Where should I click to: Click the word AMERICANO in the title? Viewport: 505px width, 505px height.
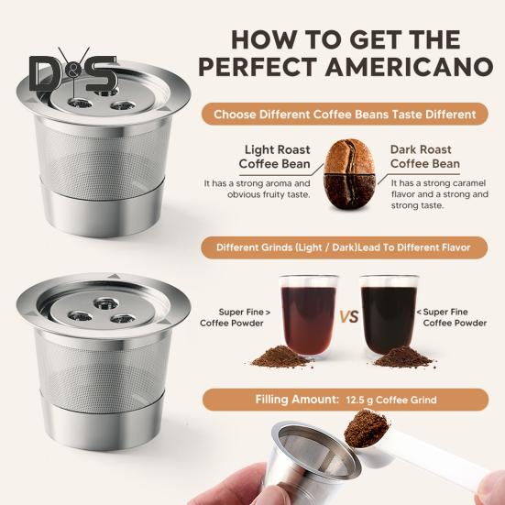point(412,67)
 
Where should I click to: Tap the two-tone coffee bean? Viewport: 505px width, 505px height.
point(350,174)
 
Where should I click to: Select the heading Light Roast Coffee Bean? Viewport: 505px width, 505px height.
point(275,157)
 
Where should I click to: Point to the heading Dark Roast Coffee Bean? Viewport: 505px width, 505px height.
point(425,157)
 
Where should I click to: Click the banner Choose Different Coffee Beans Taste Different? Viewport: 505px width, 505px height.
point(345,115)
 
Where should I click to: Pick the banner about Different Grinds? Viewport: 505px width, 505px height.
point(344,247)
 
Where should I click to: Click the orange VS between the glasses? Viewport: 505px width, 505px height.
point(349,317)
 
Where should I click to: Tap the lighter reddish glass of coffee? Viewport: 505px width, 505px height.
point(309,316)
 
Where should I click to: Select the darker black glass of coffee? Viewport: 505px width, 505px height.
point(389,316)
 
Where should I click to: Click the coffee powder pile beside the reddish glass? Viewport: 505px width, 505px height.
point(281,357)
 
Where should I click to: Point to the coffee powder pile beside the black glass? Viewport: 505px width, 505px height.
point(403,357)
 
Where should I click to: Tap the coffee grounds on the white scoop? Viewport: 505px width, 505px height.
point(366,428)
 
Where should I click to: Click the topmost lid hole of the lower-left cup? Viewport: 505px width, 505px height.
point(106,302)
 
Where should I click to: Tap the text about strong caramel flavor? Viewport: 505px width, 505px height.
point(440,194)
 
